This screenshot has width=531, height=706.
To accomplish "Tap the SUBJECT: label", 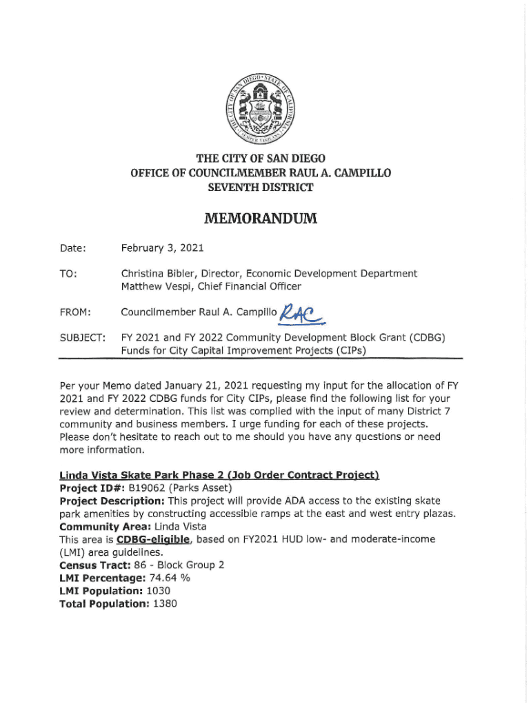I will (81, 339).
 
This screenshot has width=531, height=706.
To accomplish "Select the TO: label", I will (68, 274).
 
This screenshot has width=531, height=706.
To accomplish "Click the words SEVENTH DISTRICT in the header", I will (261, 188).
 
